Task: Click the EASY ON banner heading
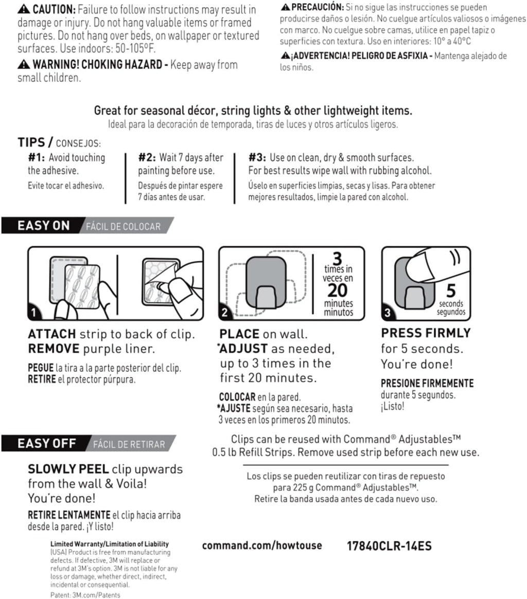43,226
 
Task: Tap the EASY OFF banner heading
47,443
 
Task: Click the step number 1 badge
33,312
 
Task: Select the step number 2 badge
225,312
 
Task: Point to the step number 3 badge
387,312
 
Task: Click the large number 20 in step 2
338,290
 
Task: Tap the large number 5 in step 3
450,291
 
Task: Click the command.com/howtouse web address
262,546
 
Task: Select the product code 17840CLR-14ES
390,546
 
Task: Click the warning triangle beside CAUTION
23,10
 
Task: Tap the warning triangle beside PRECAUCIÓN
285,7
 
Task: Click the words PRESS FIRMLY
426,333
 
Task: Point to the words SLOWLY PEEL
68,469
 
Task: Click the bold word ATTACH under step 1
51,334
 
